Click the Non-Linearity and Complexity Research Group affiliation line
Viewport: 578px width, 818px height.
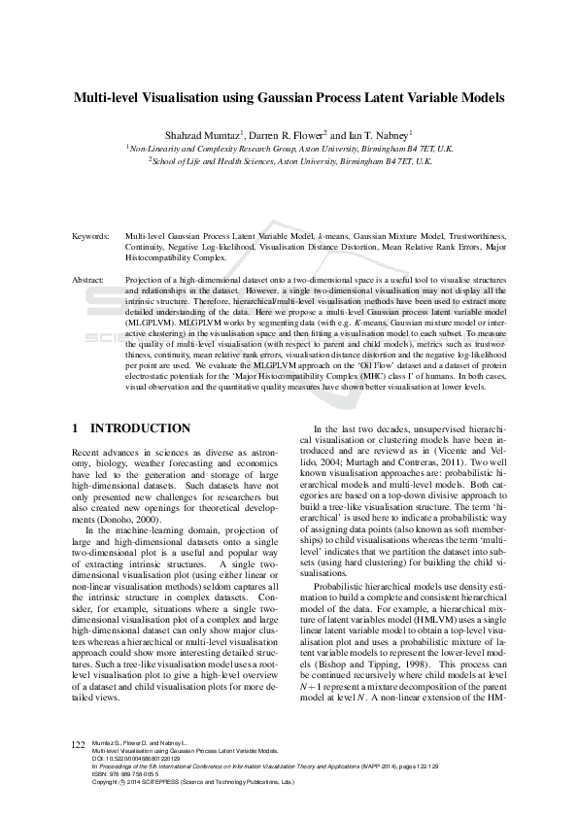pyautogui.click(x=289, y=148)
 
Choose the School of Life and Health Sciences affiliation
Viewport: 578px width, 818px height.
pyautogui.click(x=289, y=161)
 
